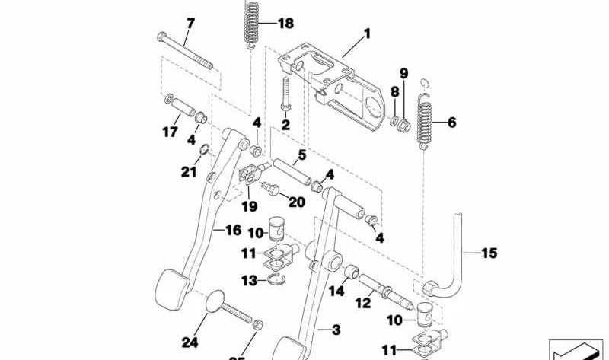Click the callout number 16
point(234,228)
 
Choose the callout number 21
point(189,171)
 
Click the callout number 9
point(403,73)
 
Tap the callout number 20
point(296,202)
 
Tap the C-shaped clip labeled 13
point(281,282)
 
